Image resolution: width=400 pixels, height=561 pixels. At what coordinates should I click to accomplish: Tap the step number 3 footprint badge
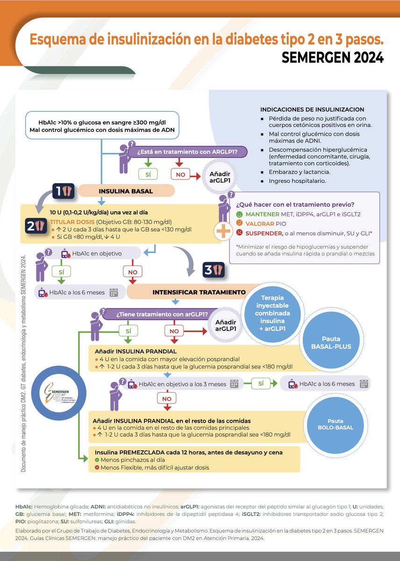[x=214, y=270]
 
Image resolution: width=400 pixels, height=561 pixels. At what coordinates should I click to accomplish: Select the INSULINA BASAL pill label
[x=126, y=191]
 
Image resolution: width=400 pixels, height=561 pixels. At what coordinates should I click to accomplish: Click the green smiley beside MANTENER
[x=240, y=214]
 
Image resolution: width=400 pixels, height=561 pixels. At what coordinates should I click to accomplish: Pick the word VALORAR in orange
[x=260, y=224]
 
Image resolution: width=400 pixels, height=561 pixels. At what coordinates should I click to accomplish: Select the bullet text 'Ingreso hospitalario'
[x=297, y=181]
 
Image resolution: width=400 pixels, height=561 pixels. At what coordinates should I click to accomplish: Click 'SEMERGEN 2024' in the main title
[x=332, y=57]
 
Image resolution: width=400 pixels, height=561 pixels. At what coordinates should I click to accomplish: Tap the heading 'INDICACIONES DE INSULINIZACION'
[x=312, y=109]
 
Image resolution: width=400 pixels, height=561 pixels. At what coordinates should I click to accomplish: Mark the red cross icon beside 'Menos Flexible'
[x=97, y=467]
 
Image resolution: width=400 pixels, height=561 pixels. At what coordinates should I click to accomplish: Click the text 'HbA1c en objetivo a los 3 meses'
[x=182, y=384]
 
